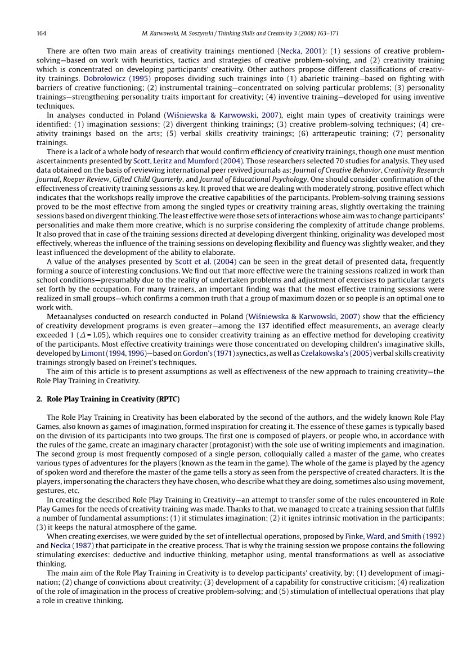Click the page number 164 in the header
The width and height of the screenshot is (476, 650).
pyautogui.click(x=41, y=34)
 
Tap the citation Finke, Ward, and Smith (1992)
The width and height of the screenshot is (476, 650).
pyautogui.click(x=394, y=536)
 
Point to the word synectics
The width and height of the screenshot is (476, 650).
pyautogui.click(x=254, y=353)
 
